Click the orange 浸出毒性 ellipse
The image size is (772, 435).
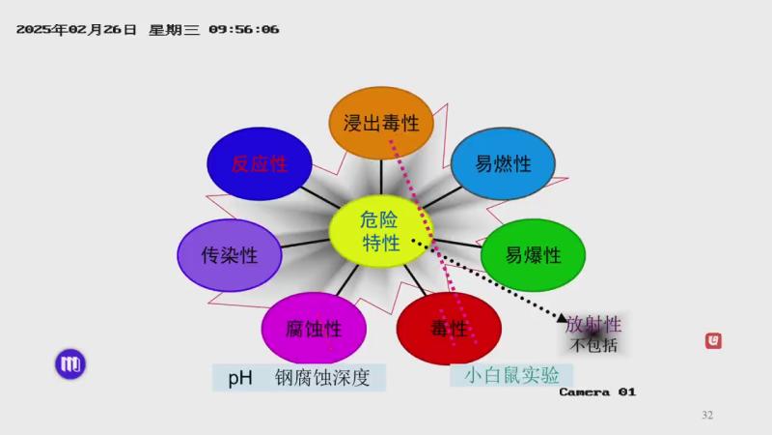point(381,123)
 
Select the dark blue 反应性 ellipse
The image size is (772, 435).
point(260,163)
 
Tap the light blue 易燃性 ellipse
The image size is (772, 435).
point(503,163)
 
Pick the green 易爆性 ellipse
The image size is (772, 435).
point(534,255)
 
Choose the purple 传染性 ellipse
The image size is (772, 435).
point(230,255)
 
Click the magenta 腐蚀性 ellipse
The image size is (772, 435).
point(315,328)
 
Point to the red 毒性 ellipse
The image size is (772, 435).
point(449,328)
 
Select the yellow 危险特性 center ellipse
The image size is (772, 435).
point(380,231)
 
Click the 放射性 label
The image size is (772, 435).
point(593,325)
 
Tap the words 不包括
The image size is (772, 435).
point(593,345)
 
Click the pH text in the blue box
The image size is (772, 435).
point(240,378)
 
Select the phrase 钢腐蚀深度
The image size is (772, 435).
point(322,378)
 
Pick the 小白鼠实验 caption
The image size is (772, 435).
point(511,375)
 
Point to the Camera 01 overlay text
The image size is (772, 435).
point(597,392)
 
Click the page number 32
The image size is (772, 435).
point(707,415)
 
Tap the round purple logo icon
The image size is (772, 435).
point(70,364)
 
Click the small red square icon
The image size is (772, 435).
point(713,341)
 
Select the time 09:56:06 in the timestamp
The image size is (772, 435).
point(244,30)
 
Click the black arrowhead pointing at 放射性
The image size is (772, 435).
point(562,318)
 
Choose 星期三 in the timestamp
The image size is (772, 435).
point(174,30)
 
